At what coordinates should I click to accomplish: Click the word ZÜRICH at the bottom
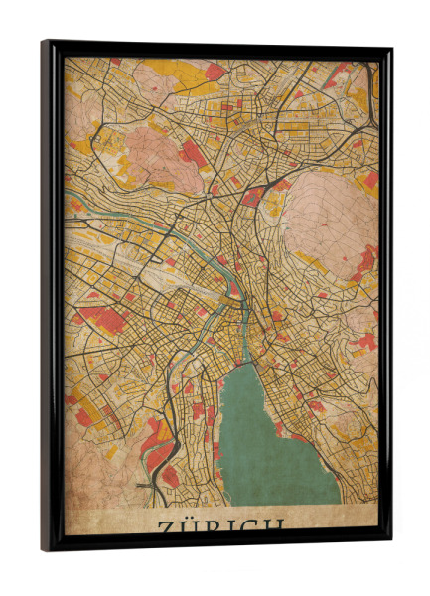coord(220,524)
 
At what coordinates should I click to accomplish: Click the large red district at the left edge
coord(102,319)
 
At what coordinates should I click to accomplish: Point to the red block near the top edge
coord(215,72)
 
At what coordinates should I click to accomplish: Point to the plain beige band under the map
coord(109,521)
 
